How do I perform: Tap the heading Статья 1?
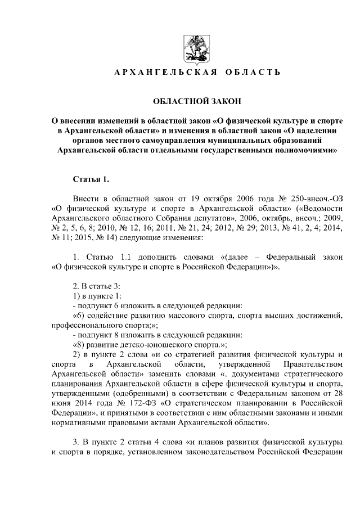pyautogui.click(x=91, y=179)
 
